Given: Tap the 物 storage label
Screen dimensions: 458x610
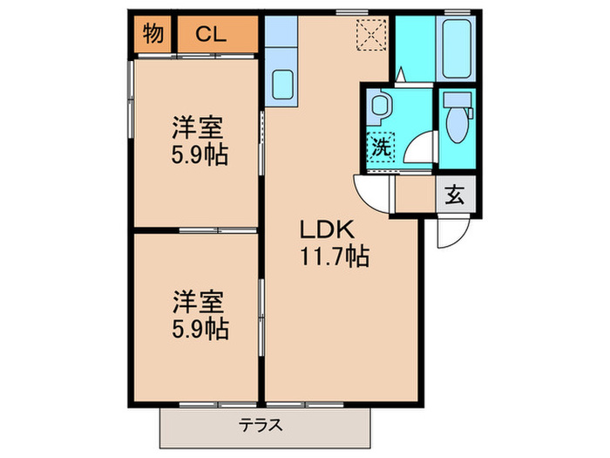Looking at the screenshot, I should [153, 35].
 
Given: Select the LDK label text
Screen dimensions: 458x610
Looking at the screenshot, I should [326, 231].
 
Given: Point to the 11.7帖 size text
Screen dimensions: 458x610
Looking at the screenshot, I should [335, 256].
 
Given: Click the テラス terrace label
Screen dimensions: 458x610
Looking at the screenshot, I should [261, 427].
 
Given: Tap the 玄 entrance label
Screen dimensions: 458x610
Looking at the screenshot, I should [455, 195].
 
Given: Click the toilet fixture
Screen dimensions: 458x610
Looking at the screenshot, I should [455, 122].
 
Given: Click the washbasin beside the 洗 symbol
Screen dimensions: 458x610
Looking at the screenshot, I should [380, 108].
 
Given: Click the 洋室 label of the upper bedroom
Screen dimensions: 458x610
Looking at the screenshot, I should [196, 128].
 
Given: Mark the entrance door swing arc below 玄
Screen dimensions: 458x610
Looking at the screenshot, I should [453, 231].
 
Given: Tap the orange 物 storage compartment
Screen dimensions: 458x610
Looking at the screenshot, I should [153, 35].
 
